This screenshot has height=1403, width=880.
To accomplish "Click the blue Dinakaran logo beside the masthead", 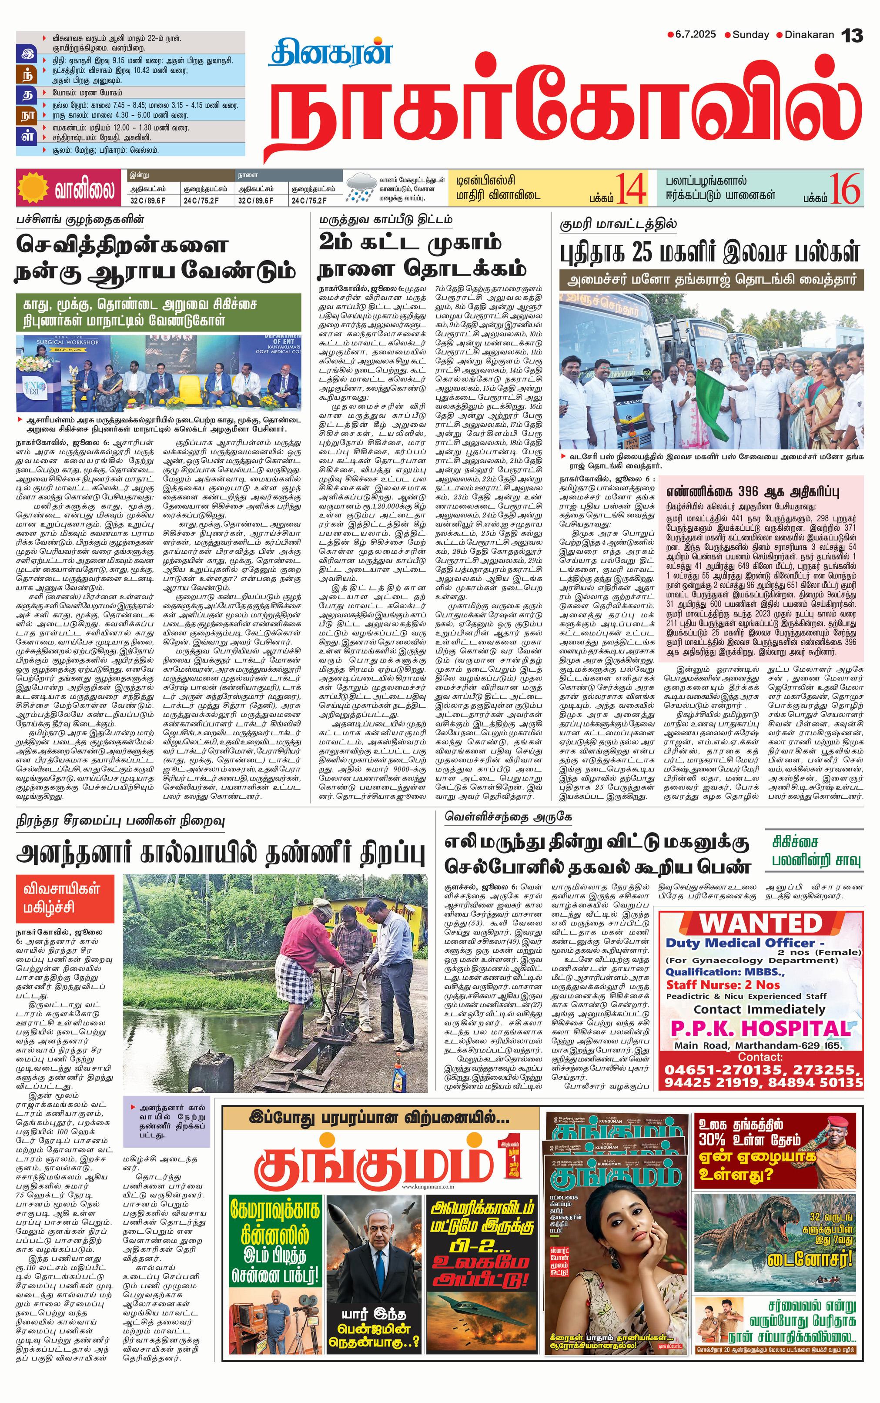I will [x=330, y=54].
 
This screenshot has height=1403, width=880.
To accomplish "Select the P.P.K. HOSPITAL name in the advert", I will [x=760, y=1028].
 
